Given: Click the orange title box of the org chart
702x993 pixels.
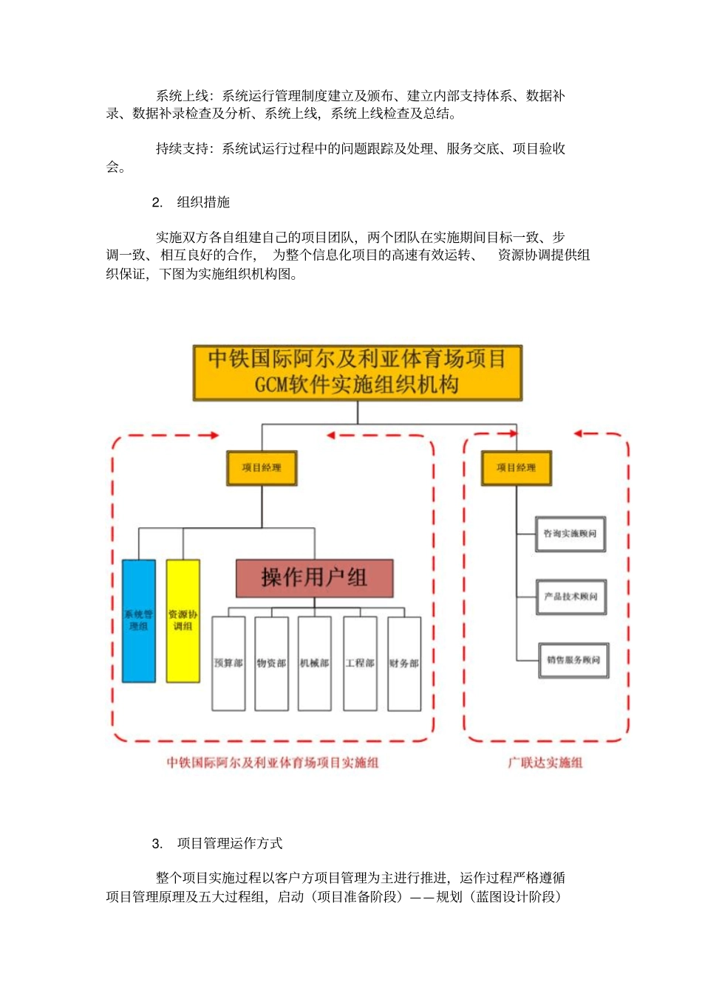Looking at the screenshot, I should click(358, 373).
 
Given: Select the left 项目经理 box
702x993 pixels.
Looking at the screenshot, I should click(262, 468).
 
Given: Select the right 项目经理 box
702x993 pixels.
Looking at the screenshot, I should click(516, 468).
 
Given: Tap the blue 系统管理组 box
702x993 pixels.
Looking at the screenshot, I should click(139, 620).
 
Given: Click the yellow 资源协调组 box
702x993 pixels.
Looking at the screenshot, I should click(183, 620).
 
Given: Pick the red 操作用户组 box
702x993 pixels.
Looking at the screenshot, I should click(314, 577).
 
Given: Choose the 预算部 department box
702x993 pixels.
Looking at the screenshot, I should click(228, 663).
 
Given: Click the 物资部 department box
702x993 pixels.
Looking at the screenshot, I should click(271, 663).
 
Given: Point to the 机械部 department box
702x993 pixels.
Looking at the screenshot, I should click(315, 663).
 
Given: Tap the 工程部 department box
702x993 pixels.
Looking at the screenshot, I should click(360, 663).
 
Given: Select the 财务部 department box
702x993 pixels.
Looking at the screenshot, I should click(404, 663).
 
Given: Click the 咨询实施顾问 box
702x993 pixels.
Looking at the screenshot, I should click(570, 534).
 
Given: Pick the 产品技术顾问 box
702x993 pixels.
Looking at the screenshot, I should click(571, 597).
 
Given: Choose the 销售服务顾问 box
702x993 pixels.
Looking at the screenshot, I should click(573, 660).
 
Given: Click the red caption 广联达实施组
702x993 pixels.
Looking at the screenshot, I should click(545, 763).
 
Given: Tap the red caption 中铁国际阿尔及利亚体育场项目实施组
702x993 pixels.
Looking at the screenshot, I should click(273, 763).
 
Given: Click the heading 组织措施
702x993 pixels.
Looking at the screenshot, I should click(203, 202).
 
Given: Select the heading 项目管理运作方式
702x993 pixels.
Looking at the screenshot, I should click(230, 843).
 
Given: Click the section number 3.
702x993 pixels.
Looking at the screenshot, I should click(157, 844).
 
